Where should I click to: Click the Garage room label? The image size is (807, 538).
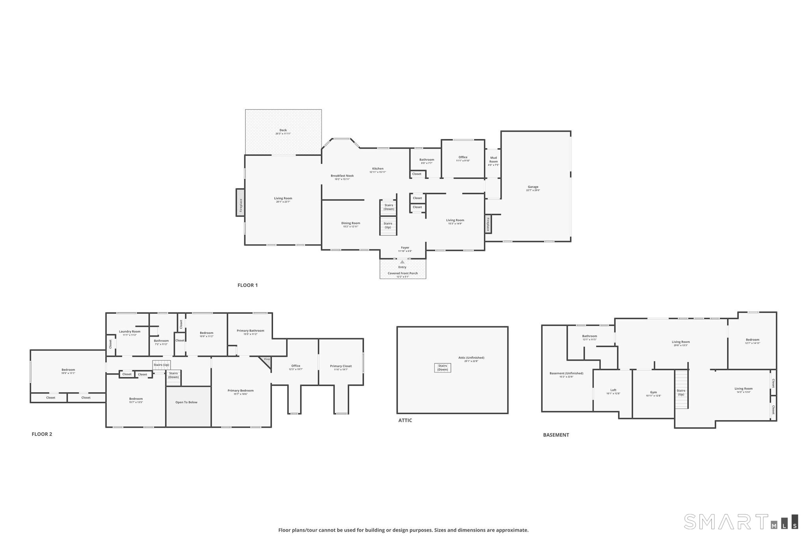(x=533, y=187)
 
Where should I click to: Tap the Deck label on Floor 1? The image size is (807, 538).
(x=283, y=130)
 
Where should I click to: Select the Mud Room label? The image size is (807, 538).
(x=493, y=160)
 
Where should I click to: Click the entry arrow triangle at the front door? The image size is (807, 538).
(x=402, y=262)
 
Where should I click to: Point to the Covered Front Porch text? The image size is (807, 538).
(x=402, y=273)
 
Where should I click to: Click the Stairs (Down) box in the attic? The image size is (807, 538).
(x=443, y=368)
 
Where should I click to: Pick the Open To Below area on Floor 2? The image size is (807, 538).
(x=186, y=402)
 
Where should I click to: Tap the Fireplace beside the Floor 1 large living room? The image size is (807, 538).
(x=240, y=202)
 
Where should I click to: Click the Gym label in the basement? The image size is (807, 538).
(x=653, y=393)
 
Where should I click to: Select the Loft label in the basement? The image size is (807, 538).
(x=613, y=390)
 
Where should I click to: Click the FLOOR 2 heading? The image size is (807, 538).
(x=42, y=434)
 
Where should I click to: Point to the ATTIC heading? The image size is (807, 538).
(x=405, y=421)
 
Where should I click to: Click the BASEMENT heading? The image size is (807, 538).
(x=556, y=435)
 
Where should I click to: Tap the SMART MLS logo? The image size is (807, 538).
(x=741, y=521)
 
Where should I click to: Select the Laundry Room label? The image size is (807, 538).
(x=130, y=331)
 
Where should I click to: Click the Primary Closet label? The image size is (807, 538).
(x=341, y=366)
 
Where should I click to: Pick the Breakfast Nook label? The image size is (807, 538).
(x=342, y=176)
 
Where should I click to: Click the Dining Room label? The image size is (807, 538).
(x=350, y=223)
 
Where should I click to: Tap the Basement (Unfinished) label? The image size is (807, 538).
(x=566, y=373)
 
